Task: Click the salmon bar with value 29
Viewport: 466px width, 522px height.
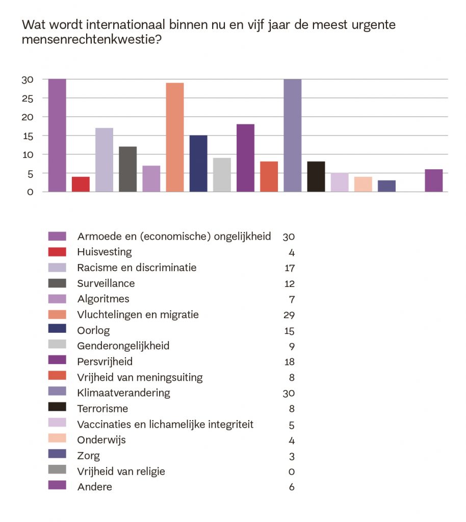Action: (x=175, y=137)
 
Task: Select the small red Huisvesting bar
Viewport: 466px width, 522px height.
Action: (x=81, y=184)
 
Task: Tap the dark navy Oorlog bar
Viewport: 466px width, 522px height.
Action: (x=198, y=164)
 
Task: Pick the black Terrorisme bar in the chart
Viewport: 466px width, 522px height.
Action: (x=316, y=176)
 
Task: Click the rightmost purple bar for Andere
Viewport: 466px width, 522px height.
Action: (x=433, y=180)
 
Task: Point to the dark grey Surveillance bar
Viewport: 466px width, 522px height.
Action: (x=128, y=169)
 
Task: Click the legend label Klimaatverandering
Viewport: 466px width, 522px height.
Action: (x=123, y=393)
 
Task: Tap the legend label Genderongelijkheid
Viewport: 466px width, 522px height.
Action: (x=123, y=346)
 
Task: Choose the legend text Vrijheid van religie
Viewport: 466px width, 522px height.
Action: (x=121, y=471)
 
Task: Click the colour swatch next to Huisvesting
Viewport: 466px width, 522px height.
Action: (x=57, y=252)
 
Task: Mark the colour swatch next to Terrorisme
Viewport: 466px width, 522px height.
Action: (x=57, y=408)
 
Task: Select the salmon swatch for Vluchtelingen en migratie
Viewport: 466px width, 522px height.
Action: (x=57, y=315)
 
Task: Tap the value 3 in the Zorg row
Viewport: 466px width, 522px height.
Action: (x=292, y=456)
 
